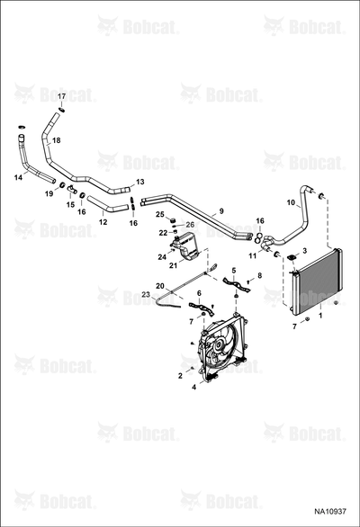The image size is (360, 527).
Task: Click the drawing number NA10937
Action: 330,511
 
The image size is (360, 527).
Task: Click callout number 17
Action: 61,96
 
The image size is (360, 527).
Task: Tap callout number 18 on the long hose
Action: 57,140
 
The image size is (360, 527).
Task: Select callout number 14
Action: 18,177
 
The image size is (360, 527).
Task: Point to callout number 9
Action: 221,211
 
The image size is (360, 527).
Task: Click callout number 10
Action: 291,202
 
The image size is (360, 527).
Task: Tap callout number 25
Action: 160,214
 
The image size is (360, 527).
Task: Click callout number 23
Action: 146,294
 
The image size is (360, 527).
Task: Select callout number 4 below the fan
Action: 193,388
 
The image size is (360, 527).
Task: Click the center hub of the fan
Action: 220,344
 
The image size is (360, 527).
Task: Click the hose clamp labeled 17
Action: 61,110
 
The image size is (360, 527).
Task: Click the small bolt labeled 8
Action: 248,281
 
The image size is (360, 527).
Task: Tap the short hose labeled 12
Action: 108,205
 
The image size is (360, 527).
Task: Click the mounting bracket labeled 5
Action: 238,285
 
